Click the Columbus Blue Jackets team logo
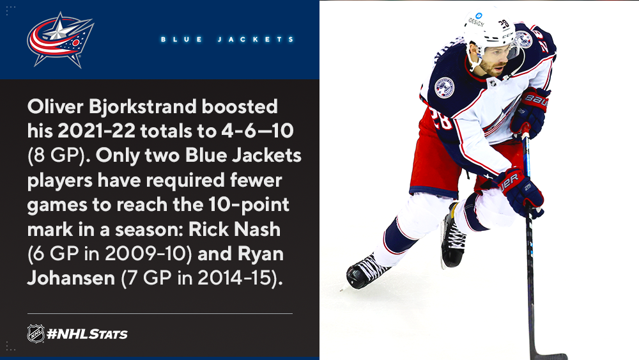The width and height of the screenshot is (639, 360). [x=60, y=40]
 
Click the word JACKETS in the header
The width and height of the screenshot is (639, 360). [x=256, y=40]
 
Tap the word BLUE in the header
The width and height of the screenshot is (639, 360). [x=181, y=40]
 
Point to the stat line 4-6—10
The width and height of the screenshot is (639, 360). [x=258, y=131]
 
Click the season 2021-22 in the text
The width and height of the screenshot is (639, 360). [x=96, y=131]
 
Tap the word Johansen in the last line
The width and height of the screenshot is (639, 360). [x=72, y=278]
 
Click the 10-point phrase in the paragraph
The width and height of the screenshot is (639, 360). [x=249, y=205]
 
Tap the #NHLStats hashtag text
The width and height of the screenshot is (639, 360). [x=87, y=334]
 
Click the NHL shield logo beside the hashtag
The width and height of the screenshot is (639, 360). [x=36, y=334]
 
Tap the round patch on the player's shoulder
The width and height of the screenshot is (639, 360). [x=444, y=88]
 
